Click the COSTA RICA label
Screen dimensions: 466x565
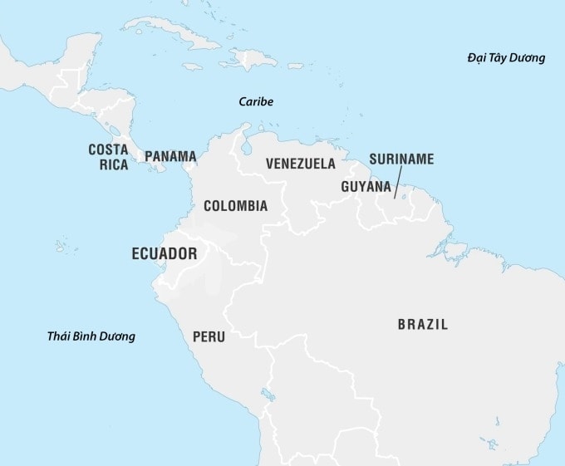tap(108, 156)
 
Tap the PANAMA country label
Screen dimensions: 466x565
tap(170, 156)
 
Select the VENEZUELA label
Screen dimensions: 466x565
tap(301, 164)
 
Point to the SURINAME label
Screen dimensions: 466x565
tap(401, 159)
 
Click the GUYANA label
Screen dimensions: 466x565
tap(366, 187)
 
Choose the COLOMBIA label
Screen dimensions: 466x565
tap(235, 205)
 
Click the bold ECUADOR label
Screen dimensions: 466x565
tap(165, 254)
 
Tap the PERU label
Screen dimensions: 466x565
tap(209, 337)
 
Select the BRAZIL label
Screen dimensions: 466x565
tap(422, 325)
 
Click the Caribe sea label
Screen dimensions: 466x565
tap(255, 101)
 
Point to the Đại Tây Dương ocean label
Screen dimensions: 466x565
tap(505, 58)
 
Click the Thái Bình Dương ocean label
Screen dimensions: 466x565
tap(91, 336)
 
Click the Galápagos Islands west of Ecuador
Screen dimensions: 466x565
tap(61, 246)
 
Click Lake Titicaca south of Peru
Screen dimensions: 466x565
tap(267, 393)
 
